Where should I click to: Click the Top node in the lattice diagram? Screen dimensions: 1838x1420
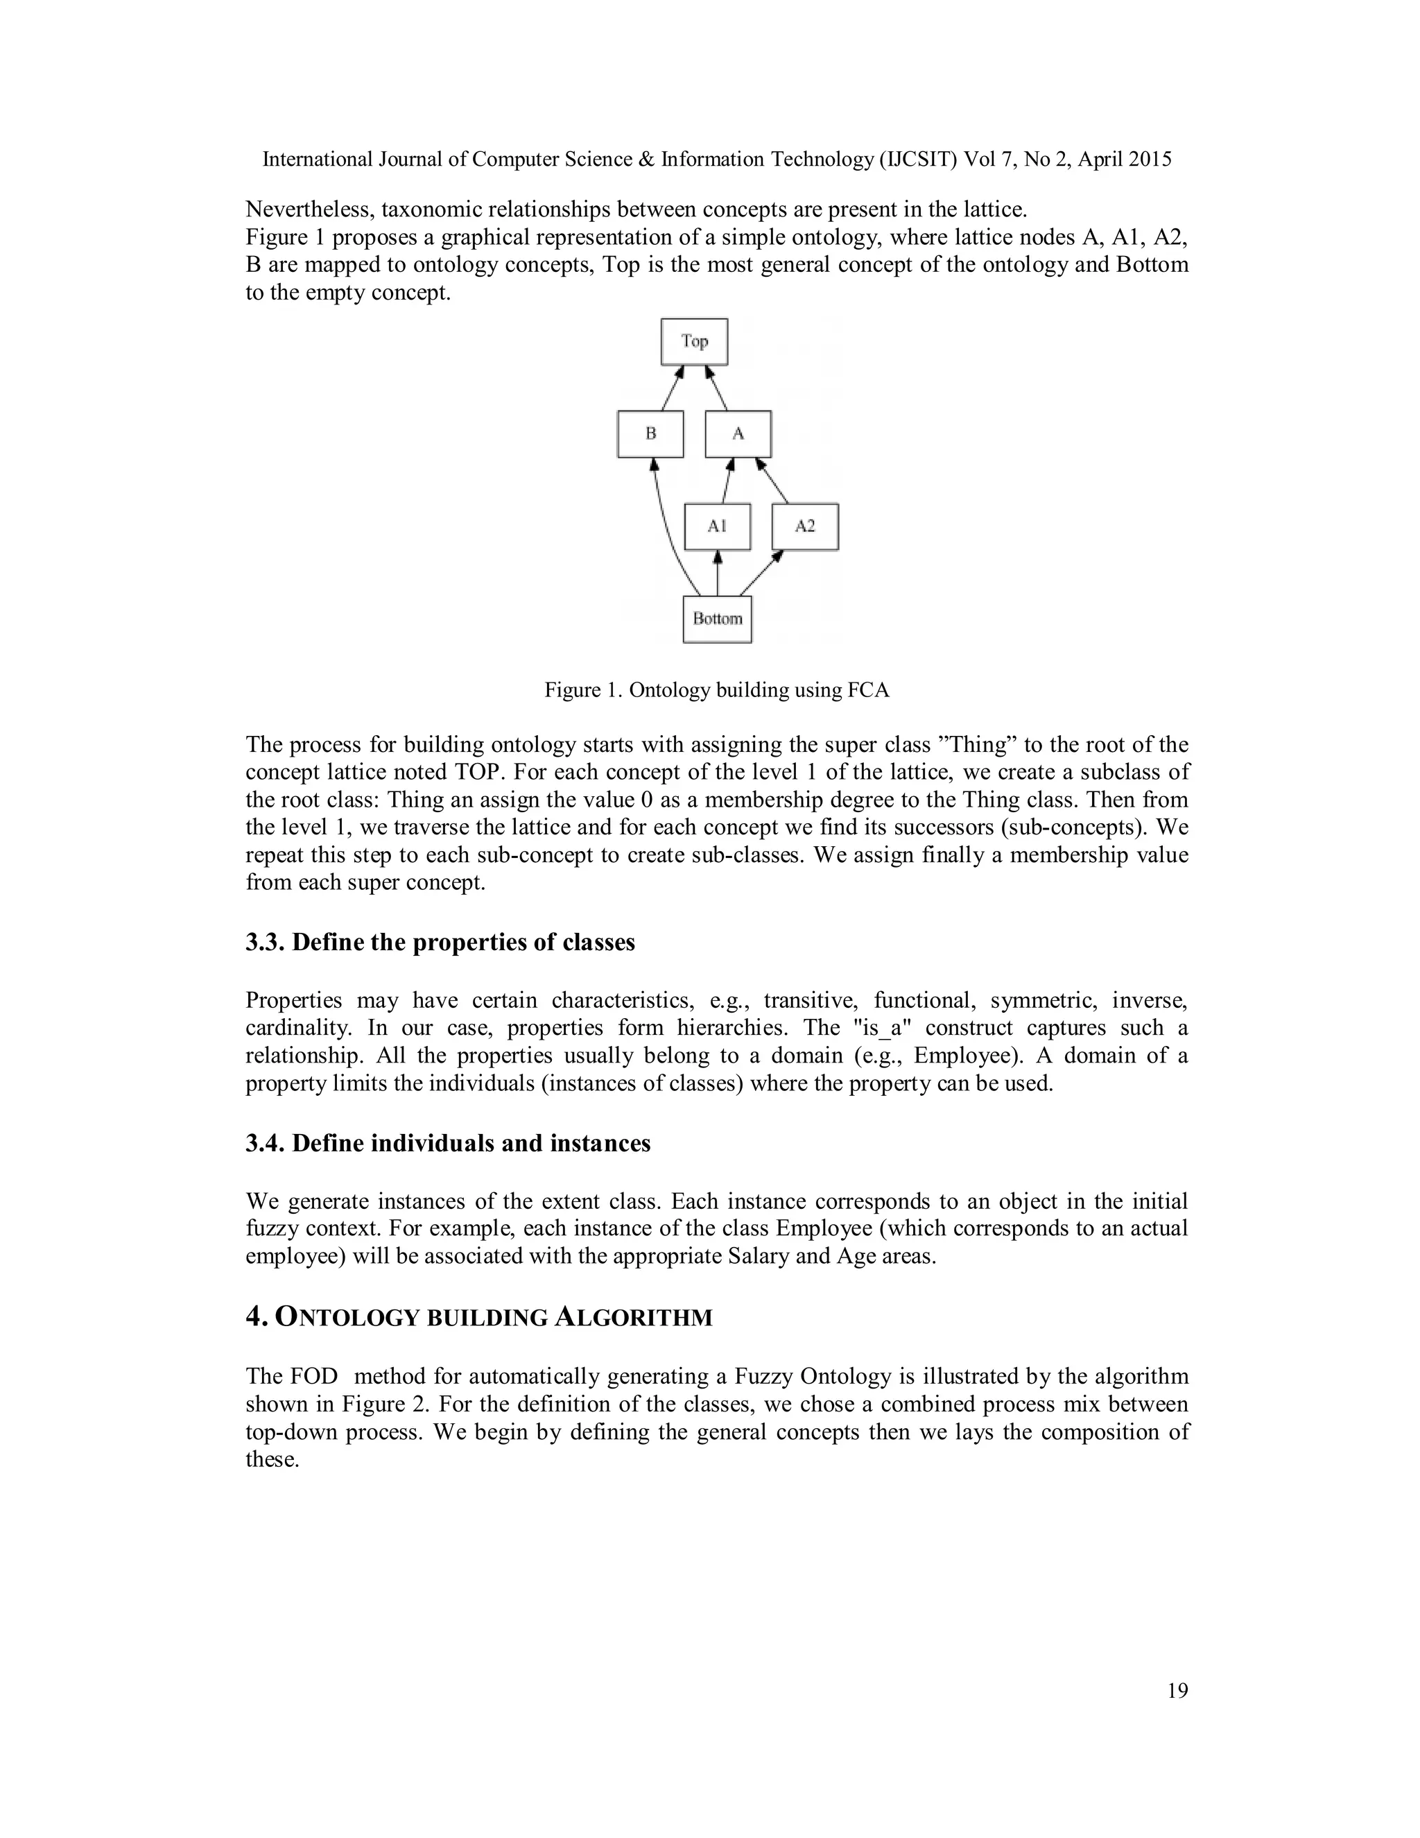694,342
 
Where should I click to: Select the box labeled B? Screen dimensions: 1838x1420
650,434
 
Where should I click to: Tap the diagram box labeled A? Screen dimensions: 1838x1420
738,434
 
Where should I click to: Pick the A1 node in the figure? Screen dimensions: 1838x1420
717,527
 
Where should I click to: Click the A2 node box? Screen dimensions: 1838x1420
805,527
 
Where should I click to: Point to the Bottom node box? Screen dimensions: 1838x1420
717,619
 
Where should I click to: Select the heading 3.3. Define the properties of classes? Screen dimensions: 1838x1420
440,942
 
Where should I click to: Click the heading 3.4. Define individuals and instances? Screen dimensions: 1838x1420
447,1143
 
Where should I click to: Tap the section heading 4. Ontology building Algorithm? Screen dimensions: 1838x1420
478,1316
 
